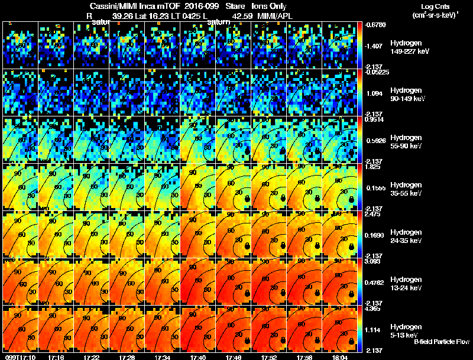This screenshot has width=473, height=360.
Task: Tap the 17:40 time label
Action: [198, 356]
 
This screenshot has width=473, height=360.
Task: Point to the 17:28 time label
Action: [127, 356]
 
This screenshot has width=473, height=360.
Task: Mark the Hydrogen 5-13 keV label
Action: [406, 330]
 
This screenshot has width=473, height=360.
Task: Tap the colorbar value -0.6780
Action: [376, 25]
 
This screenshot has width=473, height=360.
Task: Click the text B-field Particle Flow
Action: [442, 342]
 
